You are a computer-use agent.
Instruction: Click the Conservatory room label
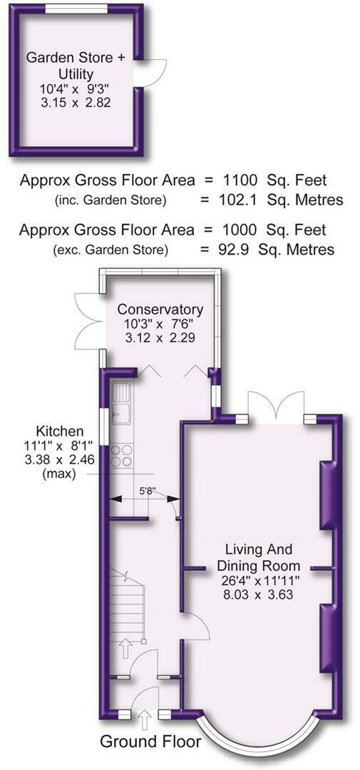pyautogui.click(x=160, y=310)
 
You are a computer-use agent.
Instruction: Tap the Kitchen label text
pyautogui.click(x=60, y=431)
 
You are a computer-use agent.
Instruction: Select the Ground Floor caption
pyautogui.click(x=150, y=741)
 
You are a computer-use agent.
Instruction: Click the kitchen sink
pyautogui.click(x=120, y=403)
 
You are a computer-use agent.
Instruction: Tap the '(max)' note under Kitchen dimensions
pyautogui.click(x=59, y=474)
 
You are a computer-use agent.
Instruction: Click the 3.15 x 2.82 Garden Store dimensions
pyautogui.click(x=75, y=103)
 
